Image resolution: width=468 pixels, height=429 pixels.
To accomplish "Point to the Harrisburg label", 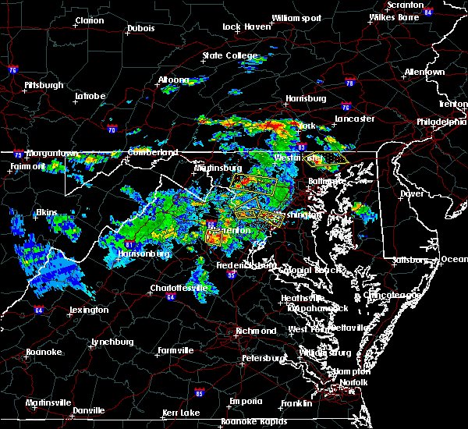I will click(305, 98).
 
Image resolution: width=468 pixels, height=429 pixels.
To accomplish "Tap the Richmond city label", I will click(256, 331).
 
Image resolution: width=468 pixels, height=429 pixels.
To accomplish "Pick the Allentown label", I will click(424, 72).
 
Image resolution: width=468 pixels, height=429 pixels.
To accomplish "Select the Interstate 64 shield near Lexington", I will click(38, 310).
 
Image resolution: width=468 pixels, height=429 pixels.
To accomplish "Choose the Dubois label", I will click(140, 30).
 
